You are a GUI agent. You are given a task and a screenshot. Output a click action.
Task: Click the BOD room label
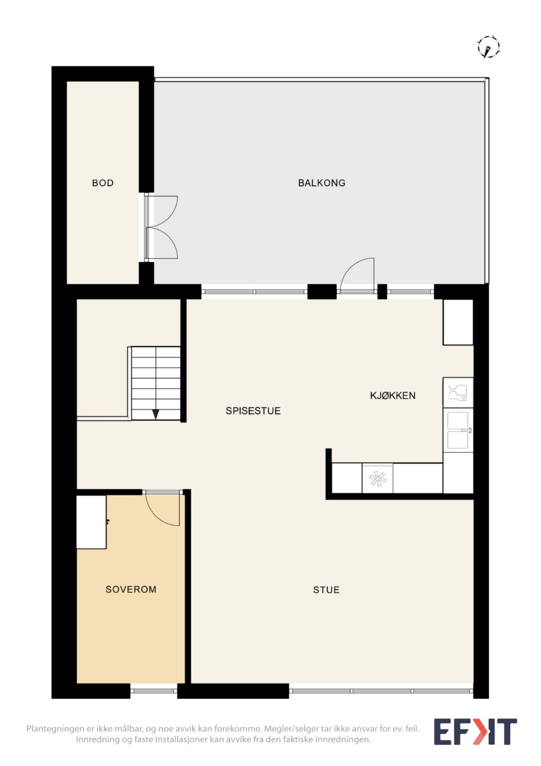(x=102, y=183)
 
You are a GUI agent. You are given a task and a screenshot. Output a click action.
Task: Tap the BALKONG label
(x=321, y=183)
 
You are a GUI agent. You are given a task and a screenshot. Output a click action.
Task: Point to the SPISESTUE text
(x=253, y=410)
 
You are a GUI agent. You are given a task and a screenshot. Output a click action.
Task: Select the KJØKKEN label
(x=393, y=396)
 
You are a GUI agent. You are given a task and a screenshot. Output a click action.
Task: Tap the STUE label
(x=326, y=590)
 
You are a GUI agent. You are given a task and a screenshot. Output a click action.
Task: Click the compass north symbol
(x=488, y=46)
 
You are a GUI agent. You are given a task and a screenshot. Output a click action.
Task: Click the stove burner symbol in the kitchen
(x=377, y=479)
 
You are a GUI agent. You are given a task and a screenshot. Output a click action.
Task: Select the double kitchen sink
(x=458, y=430)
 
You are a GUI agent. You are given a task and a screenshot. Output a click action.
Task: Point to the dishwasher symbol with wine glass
(x=458, y=393)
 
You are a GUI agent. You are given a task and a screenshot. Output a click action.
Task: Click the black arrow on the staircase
(x=156, y=414)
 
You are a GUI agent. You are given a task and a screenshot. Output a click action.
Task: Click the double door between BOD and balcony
(x=160, y=227)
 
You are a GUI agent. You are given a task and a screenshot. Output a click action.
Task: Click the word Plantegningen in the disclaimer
(x=56, y=728)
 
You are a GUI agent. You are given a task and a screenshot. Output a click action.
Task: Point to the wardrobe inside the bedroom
(x=91, y=522)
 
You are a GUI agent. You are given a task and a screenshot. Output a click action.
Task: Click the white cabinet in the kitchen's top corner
(x=458, y=322)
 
